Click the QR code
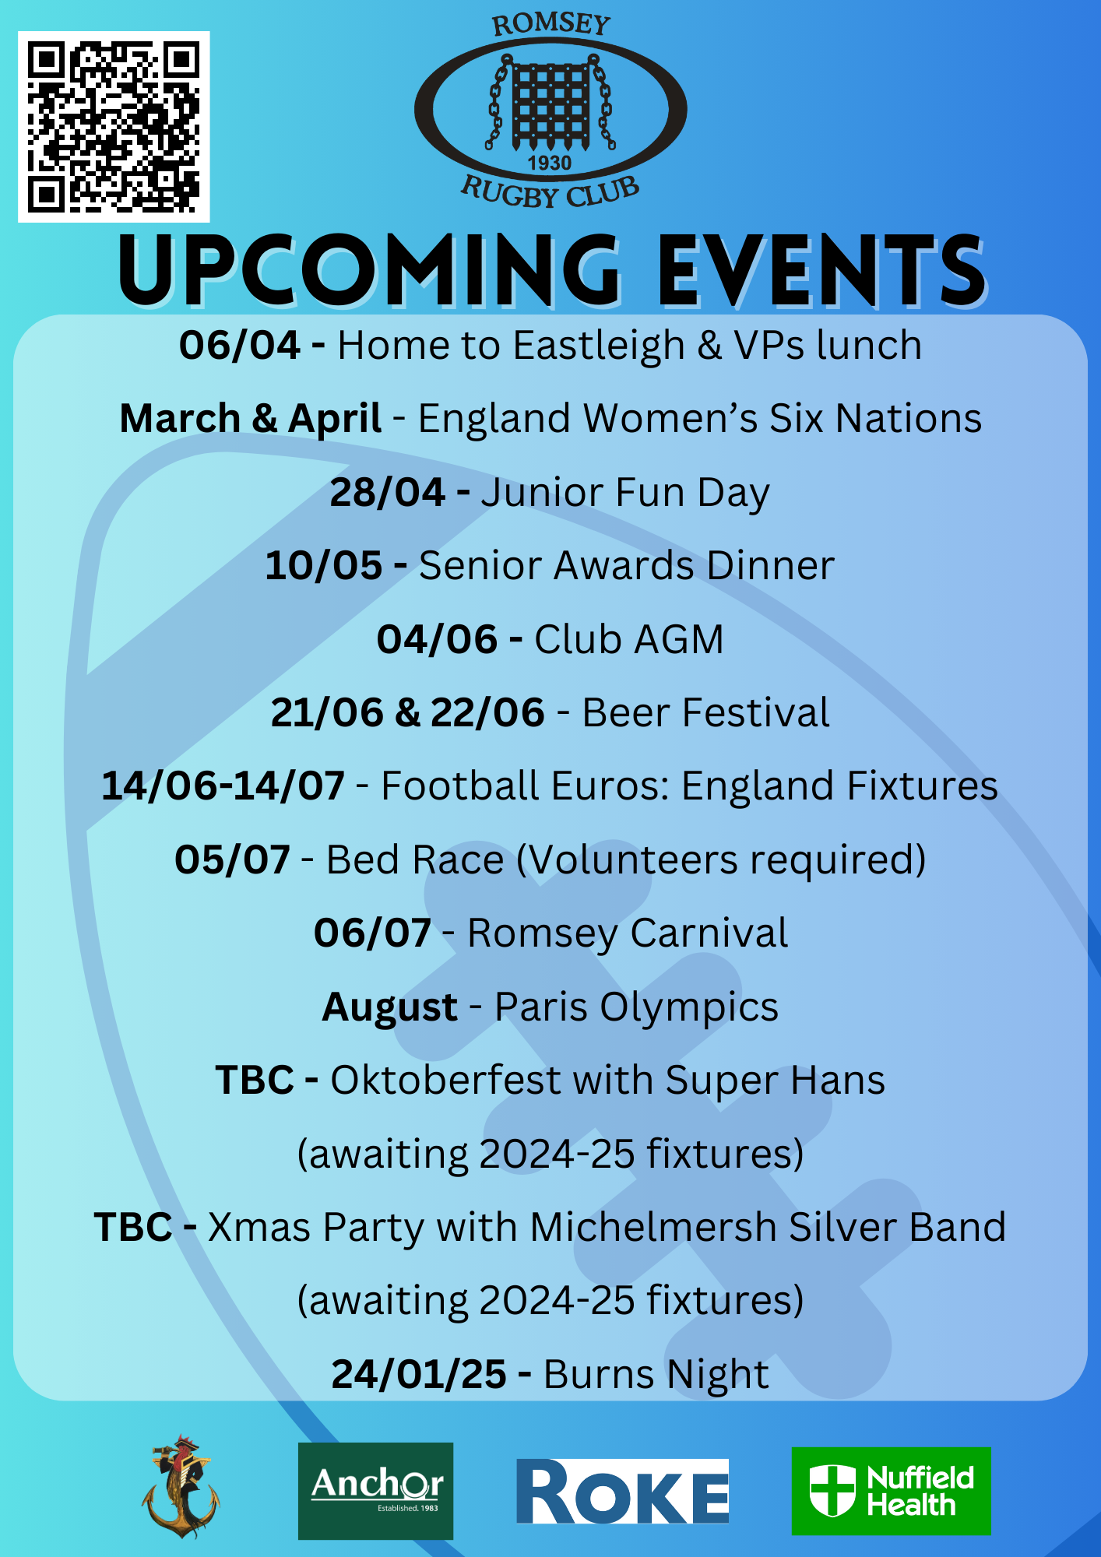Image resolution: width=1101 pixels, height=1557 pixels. (114, 127)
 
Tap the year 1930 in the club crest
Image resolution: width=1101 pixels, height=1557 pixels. (550, 163)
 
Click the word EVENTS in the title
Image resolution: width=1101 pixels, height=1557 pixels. (822, 271)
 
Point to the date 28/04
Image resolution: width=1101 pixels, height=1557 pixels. (388, 493)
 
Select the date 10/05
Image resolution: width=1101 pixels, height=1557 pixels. (324, 566)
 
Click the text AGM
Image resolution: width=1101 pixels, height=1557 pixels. (678, 640)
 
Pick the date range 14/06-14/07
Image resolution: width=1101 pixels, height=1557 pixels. (223, 786)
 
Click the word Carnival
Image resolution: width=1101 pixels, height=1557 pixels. (709, 933)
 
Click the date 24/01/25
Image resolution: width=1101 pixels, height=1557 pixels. (419, 1375)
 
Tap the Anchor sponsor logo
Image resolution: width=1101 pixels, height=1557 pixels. (375, 1491)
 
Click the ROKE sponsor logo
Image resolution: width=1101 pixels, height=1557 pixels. (622, 1491)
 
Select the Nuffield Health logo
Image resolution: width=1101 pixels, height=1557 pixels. (891, 1491)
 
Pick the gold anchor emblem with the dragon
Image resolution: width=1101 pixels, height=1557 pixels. (181, 1487)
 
